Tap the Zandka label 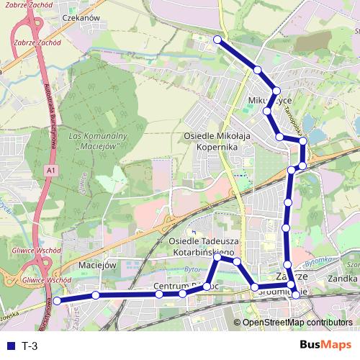coord(343,276)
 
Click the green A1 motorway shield coord(50,170)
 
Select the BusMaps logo coord(326,346)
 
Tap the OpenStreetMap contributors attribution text coord(298,323)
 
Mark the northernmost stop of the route coord(217,40)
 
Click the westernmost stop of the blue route coord(58,301)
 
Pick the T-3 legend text coord(30,346)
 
